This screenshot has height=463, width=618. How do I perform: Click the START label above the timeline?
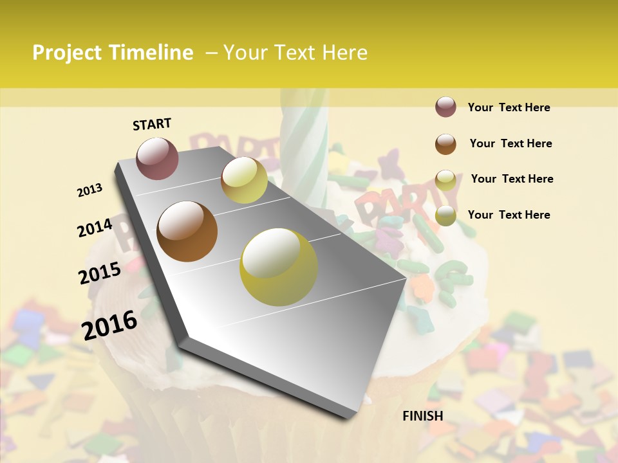click(152, 124)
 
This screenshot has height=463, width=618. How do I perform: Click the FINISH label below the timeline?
click(423, 416)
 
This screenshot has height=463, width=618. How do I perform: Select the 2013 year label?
click(90, 190)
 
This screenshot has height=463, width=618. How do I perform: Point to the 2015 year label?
click(100, 273)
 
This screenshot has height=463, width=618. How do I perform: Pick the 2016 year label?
click(109, 325)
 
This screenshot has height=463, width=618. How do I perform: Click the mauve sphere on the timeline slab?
click(157, 158)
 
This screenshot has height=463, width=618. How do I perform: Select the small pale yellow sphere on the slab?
click(244, 180)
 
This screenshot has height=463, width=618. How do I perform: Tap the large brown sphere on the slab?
click(187, 232)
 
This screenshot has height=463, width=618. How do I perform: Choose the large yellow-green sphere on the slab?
click(279, 267)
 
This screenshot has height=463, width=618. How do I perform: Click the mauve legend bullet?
click(445, 107)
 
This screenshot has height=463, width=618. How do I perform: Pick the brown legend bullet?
click(445, 144)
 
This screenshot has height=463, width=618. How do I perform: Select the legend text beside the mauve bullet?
click(509, 107)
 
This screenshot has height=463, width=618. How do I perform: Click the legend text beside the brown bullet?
click(510, 143)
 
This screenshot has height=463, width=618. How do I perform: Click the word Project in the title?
click(67, 53)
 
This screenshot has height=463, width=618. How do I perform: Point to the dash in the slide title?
click(211, 53)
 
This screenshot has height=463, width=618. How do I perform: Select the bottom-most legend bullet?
click(445, 216)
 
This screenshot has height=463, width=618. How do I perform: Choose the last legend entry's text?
click(509, 215)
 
